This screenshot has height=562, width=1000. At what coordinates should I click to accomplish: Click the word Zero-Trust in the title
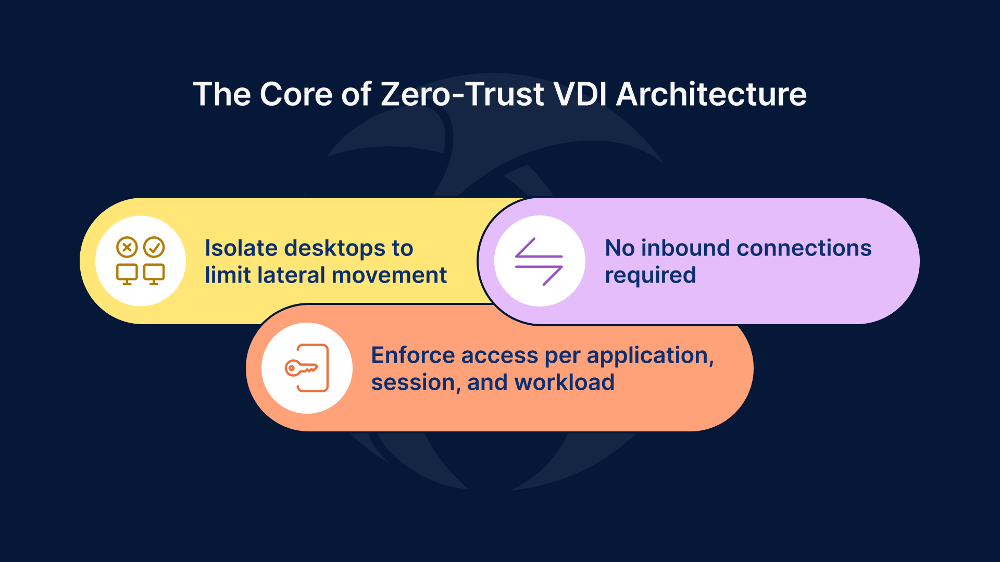tap(463, 94)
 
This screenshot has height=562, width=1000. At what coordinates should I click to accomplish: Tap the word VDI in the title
tap(580, 94)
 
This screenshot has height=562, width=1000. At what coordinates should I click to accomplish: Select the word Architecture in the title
tap(711, 94)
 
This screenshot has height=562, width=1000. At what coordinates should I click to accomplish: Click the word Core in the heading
tap(295, 94)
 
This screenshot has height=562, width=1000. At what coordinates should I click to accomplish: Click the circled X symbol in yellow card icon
tap(127, 247)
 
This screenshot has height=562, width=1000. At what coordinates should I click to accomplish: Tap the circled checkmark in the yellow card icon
tap(154, 247)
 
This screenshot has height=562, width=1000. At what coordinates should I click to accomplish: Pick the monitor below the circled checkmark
tap(154, 274)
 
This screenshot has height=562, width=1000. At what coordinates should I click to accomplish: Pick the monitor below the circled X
tap(127, 274)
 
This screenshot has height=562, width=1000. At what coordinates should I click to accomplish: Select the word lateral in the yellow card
tap(292, 275)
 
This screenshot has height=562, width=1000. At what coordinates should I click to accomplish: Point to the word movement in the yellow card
tap(389, 275)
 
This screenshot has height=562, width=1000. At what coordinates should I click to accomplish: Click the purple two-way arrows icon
tap(539, 261)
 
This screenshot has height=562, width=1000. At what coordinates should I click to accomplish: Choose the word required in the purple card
tap(650, 276)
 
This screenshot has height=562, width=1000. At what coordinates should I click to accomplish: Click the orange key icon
tap(302, 368)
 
